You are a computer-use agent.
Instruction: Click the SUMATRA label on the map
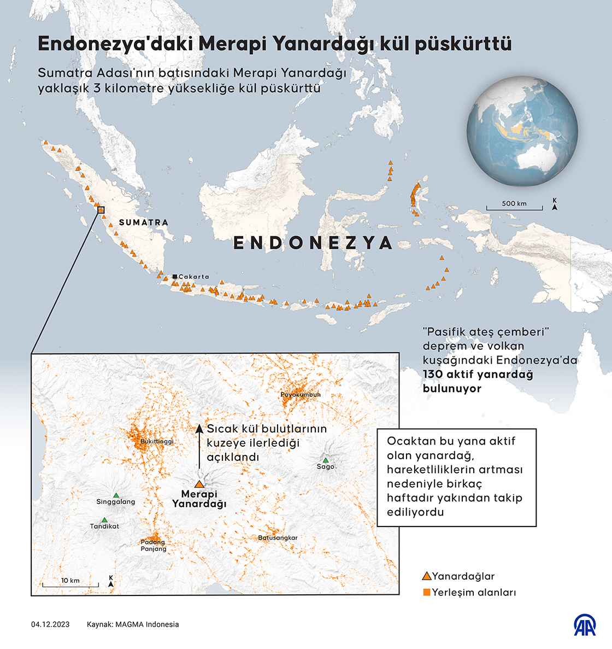[x=143, y=223]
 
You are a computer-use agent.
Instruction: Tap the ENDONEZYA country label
[x=313, y=243]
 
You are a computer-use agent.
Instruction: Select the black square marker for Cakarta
[x=175, y=277]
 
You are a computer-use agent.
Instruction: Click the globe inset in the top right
[x=522, y=131]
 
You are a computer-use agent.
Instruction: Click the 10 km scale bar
[x=70, y=584]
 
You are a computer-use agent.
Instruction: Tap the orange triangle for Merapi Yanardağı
[x=199, y=484]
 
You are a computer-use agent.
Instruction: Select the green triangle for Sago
[x=326, y=460]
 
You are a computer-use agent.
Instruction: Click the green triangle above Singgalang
[x=116, y=495]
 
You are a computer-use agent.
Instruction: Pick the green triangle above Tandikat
[x=104, y=520]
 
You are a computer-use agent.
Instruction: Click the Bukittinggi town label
[x=157, y=441]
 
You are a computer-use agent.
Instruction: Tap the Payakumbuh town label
[x=301, y=394]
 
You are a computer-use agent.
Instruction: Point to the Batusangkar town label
[x=278, y=538]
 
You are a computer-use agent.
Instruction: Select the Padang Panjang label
[x=153, y=546]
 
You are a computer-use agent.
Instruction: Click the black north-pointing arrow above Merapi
[x=199, y=446]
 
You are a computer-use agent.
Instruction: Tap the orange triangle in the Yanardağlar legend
[x=427, y=576]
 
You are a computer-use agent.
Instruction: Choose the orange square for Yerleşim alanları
[x=427, y=592]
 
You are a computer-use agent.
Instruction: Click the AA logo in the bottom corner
[x=584, y=625]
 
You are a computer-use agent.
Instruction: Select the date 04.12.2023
[x=50, y=624]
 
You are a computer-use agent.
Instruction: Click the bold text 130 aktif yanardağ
[x=478, y=375]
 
